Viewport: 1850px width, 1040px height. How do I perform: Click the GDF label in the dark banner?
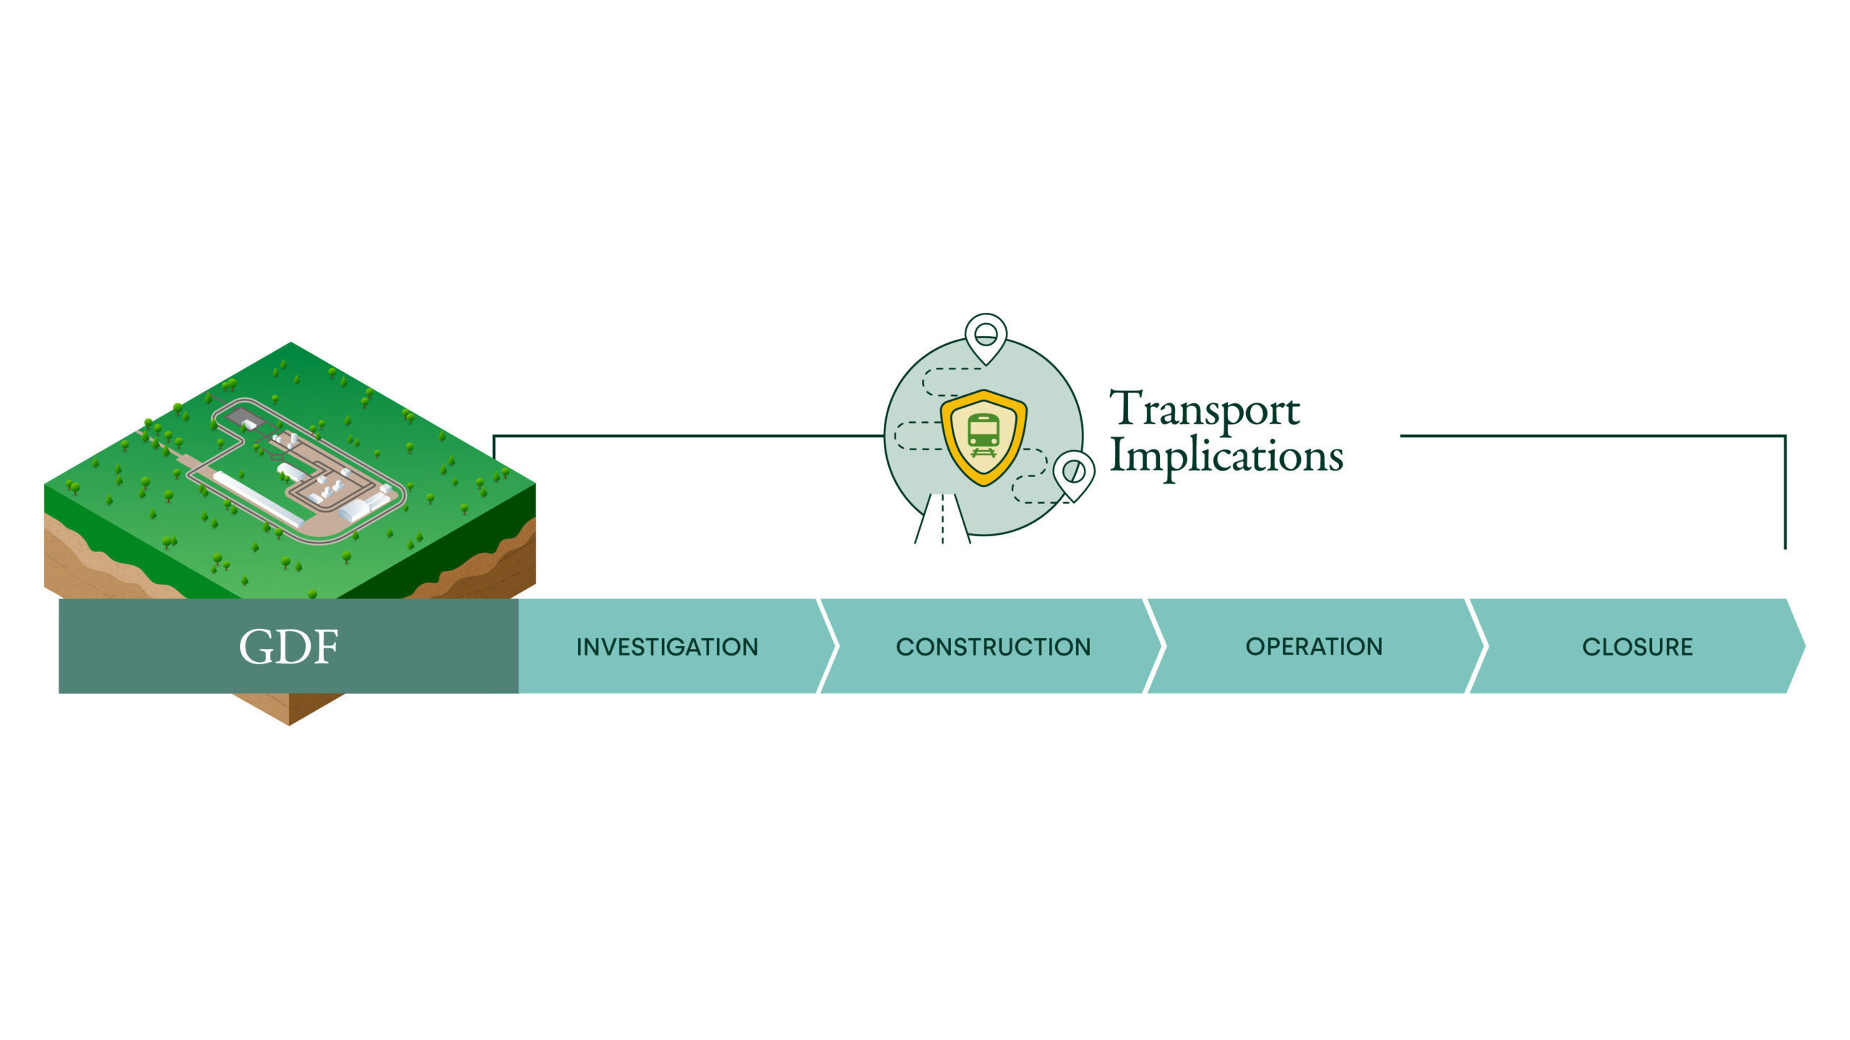(288, 646)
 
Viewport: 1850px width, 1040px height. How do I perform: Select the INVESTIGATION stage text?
(667, 647)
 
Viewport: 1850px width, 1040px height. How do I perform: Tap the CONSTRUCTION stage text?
(993, 647)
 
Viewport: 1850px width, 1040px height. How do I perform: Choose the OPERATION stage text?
(1314, 646)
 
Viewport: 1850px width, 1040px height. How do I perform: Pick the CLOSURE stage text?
(1637, 647)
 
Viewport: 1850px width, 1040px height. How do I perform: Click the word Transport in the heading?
(1205, 409)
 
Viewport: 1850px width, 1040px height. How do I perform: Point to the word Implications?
(1226, 456)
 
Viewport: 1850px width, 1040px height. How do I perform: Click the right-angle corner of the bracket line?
(1784, 436)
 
